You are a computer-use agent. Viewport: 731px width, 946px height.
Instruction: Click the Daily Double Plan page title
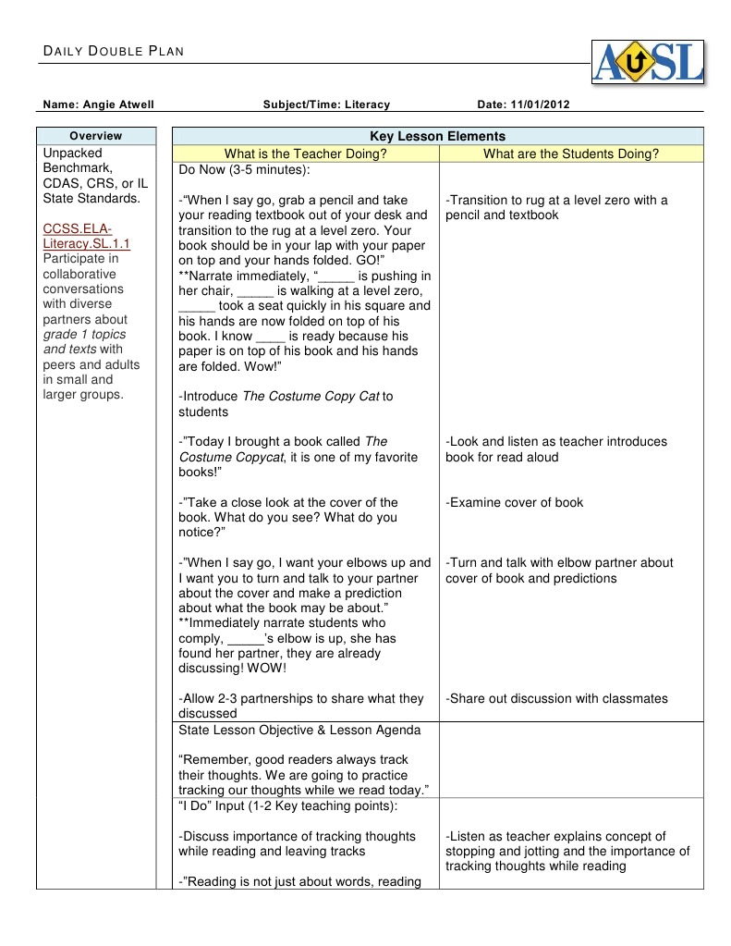[x=114, y=51]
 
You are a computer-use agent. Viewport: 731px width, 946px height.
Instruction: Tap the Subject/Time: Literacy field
[x=326, y=104]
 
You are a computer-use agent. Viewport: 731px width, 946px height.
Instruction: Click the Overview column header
[x=96, y=136]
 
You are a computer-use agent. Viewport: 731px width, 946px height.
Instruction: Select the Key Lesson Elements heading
[x=437, y=136]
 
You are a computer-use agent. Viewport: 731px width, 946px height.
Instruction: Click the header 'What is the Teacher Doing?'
[x=305, y=154]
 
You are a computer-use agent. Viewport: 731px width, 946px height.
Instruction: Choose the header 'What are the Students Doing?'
[x=571, y=154]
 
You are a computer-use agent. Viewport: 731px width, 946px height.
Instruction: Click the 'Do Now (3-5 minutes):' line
[x=245, y=170]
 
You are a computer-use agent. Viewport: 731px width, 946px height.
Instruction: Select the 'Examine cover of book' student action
[x=515, y=502]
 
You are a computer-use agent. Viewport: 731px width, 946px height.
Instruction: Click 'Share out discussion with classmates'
[x=556, y=699]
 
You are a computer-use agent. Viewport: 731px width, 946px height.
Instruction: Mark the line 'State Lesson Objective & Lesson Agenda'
[x=299, y=731]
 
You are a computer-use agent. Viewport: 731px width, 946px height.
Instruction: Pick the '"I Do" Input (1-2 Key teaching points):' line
[x=287, y=806]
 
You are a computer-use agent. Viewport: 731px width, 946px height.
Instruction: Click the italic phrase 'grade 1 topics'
[x=85, y=335]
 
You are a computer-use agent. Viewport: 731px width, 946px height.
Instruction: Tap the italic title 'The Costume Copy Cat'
[x=311, y=397]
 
